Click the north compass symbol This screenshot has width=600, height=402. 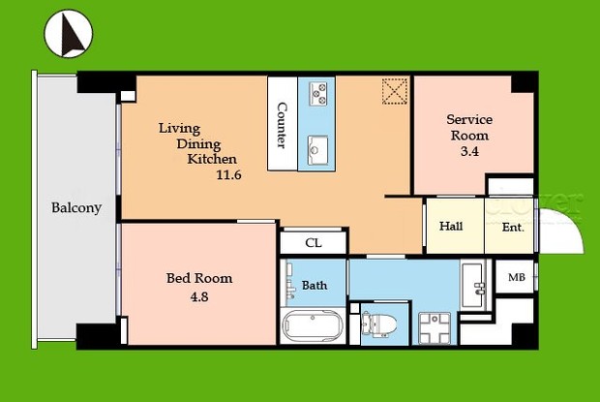click(69, 33)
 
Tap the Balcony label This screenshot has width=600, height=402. click(76, 208)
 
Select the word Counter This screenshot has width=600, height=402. click(282, 125)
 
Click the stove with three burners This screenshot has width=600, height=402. click(318, 94)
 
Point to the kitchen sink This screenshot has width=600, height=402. click(318, 150)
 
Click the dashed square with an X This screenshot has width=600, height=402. click(395, 91)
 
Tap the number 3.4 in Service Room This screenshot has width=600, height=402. click(469, 152)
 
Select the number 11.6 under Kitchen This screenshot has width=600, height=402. click(228, 175)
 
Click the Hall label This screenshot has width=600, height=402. click(451, 226)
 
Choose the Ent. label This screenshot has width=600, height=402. click(513, 228)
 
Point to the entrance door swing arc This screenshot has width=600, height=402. click(573, 222)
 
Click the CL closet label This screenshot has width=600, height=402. click(314, 243)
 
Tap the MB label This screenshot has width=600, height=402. click(517, 277)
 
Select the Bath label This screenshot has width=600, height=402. click(315, 285)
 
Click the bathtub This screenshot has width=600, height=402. click(313, 325)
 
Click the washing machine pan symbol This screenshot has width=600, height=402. click(435, 328)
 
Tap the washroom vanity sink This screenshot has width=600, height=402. click(473, 285)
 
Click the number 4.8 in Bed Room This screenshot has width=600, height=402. click(199, 297)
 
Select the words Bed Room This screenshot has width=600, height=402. click(199, 278)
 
